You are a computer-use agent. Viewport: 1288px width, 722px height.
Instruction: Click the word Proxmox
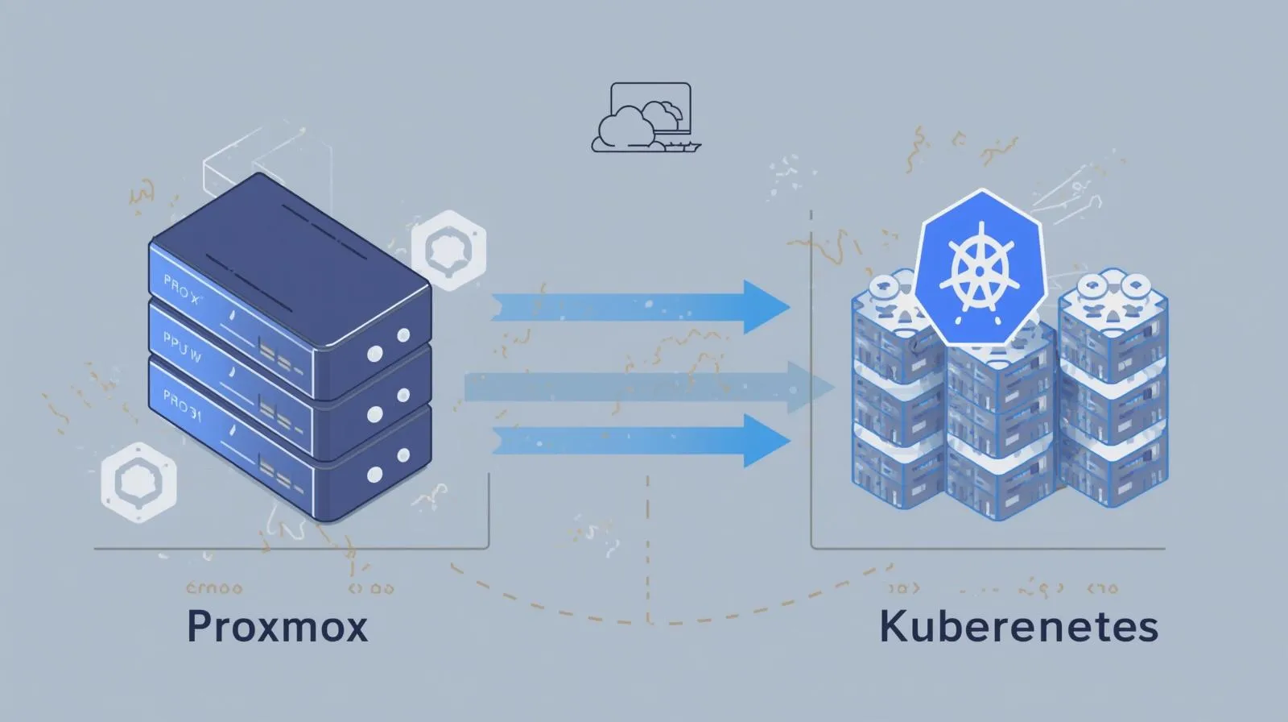tap(277, 627)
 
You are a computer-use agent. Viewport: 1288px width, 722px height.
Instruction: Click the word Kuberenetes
tap(1018, 627)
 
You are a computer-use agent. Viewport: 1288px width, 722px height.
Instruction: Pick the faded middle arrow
tap(644, 388)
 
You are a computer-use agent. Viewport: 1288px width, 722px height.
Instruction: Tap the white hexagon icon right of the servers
tap(448, 251)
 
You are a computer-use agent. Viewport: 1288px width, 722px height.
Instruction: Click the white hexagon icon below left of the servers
tap(138, 481)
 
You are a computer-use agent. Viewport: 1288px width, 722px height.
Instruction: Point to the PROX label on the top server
tap(181, 289)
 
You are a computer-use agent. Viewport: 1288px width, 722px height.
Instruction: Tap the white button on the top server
tap(402, 335)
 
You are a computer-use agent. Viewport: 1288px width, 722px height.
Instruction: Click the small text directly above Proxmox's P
tap(213, 588)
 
